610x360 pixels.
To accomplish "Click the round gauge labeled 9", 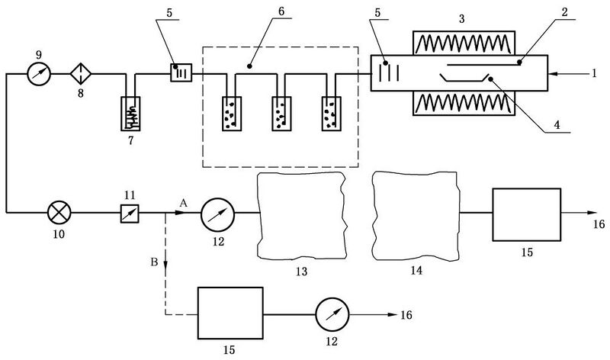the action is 39,73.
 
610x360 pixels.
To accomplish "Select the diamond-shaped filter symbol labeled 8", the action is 81,73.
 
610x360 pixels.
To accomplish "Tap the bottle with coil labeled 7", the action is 130,113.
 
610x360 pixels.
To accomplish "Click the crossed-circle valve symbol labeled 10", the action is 59,213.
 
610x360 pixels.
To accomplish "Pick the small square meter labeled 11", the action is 130,214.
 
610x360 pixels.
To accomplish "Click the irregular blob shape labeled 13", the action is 302,216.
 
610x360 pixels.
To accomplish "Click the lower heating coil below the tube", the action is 464,104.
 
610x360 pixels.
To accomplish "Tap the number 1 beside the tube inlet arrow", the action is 594,73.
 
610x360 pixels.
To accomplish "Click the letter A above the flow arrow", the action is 184,203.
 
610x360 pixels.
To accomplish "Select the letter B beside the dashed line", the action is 154,262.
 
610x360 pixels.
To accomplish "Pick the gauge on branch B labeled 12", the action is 332,314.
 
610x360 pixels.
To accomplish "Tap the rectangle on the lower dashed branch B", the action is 230,313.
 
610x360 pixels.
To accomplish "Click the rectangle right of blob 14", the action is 527,214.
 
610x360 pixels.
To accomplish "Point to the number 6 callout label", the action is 281,11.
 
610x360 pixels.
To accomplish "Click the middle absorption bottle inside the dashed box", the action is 281,113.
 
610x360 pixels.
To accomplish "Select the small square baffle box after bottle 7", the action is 181,72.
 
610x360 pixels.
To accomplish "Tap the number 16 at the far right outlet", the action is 599,224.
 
